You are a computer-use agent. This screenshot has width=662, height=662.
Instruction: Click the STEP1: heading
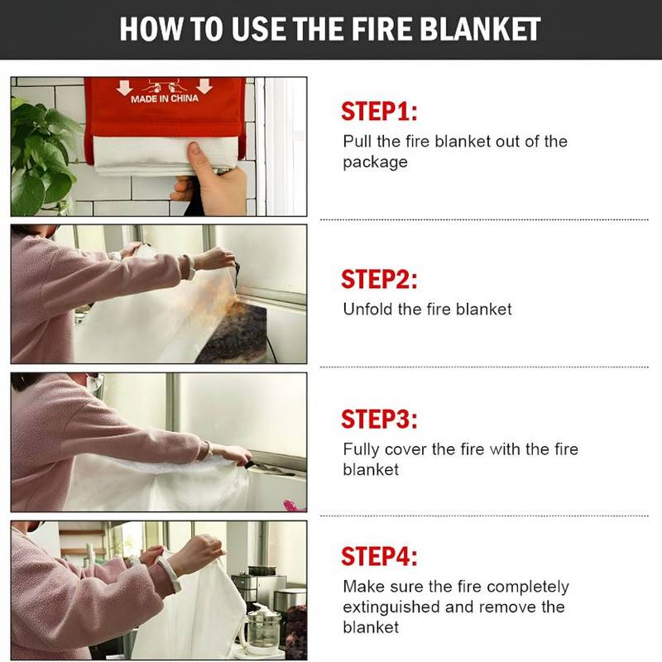click(x=380, y=113)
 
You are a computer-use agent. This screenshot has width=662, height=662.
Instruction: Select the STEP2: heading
click(x=380, y=280)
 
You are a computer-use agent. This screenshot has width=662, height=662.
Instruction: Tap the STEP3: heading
click(x=380, y=420)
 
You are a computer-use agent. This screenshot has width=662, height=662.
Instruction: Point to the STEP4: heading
click(x=380, y=555)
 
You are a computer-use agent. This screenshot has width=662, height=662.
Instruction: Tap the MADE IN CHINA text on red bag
click(x=165, y=99)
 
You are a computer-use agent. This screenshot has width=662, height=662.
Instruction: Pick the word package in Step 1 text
click(x=375, y=163)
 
